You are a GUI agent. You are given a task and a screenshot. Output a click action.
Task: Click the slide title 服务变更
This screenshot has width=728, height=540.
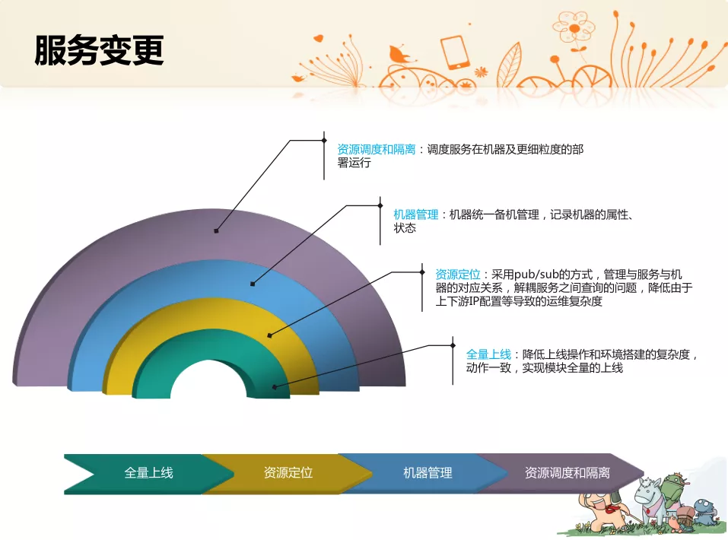(x=99, y=50)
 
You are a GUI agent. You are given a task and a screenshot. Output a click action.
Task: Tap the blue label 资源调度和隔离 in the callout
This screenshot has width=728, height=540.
(x=376, y=149)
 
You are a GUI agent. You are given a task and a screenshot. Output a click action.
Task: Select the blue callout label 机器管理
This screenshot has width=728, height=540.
(x=416, y=214)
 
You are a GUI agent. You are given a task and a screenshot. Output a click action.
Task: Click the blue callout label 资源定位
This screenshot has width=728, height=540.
(x=458, y=275)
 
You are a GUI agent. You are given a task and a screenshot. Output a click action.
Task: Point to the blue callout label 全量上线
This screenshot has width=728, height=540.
(x=488, y=354)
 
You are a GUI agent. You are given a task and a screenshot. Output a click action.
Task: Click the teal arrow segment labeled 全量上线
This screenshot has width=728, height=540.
(x=148, y=473)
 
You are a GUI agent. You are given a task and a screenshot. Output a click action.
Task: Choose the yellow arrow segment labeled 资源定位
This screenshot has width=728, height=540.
(x=288, y=473)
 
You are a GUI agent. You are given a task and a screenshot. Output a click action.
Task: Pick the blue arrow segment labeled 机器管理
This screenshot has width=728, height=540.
(x=428, y=473)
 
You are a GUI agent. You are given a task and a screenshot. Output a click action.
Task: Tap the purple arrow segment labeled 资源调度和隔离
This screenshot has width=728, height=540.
(x=567, y=473)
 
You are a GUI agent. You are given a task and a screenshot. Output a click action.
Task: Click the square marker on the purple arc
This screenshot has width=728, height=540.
(x=216, y=230)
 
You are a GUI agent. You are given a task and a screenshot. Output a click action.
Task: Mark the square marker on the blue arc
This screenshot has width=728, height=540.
(x=253, y=284)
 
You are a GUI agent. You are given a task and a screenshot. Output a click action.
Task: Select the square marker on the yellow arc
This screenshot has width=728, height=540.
(x=270, y=335)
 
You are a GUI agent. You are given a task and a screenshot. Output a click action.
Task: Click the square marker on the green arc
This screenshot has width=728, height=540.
(x=275, y=387)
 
